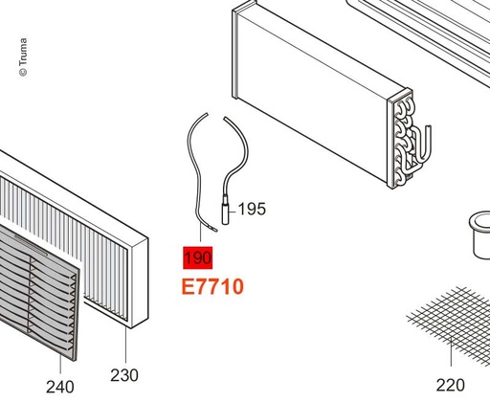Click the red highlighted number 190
click(x=198, y=257)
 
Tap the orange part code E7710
click(x=212, y=286)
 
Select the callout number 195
click(x=252, y=210)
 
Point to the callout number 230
click(x=124, y=375)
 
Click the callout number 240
click(x=60, y=387)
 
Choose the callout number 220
click(x=450, y=385)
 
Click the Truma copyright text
click(x=23, y=57)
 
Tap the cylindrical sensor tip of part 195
click(x=226, y=212)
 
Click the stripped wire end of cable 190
click(x=212, y=229)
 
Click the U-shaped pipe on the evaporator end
click(x=423, y=144)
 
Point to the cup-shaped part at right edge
click(x=480, y=234)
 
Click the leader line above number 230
click(x=126, y=346)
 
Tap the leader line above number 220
click(x=451, y=352)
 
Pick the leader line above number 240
click(x=60, y=364)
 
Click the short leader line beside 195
click(x=234, y=211)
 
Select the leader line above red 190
click(x=200, y=233)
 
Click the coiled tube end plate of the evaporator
click(x=400, y=139)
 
